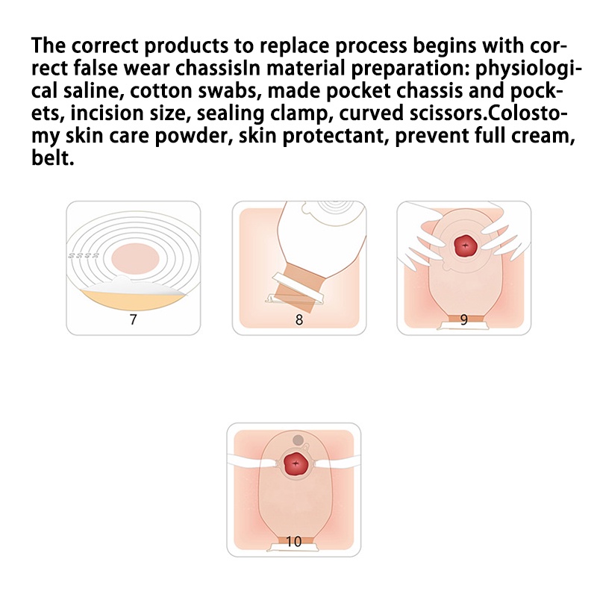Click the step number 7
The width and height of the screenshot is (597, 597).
coord(133,319)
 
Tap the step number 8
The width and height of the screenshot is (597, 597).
coord(299,319)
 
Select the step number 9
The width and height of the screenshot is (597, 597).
coord(463,319)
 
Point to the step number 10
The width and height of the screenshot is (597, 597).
coord(293,541)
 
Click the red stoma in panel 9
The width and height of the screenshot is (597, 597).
coord(465,246)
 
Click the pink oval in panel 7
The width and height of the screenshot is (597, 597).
coord(135,259)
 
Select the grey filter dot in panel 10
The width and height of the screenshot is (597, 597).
coord(298,440)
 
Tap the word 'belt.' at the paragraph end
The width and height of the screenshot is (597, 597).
coord(52,158)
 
